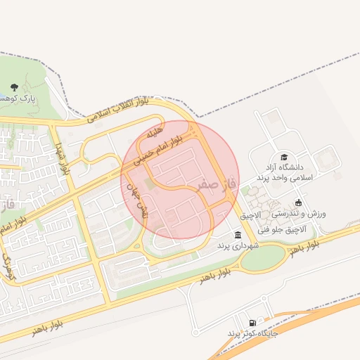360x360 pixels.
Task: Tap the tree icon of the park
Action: point(14,87)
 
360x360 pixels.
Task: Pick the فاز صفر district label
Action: point(209,185)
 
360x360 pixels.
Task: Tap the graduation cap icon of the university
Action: point(284,157)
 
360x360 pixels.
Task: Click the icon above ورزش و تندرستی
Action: point(298,202)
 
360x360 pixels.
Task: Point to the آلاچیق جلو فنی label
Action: point(283,229)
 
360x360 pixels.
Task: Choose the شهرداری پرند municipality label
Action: point(238,245)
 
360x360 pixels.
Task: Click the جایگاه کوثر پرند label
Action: point(252,333)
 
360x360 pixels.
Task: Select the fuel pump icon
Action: point(252,323)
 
